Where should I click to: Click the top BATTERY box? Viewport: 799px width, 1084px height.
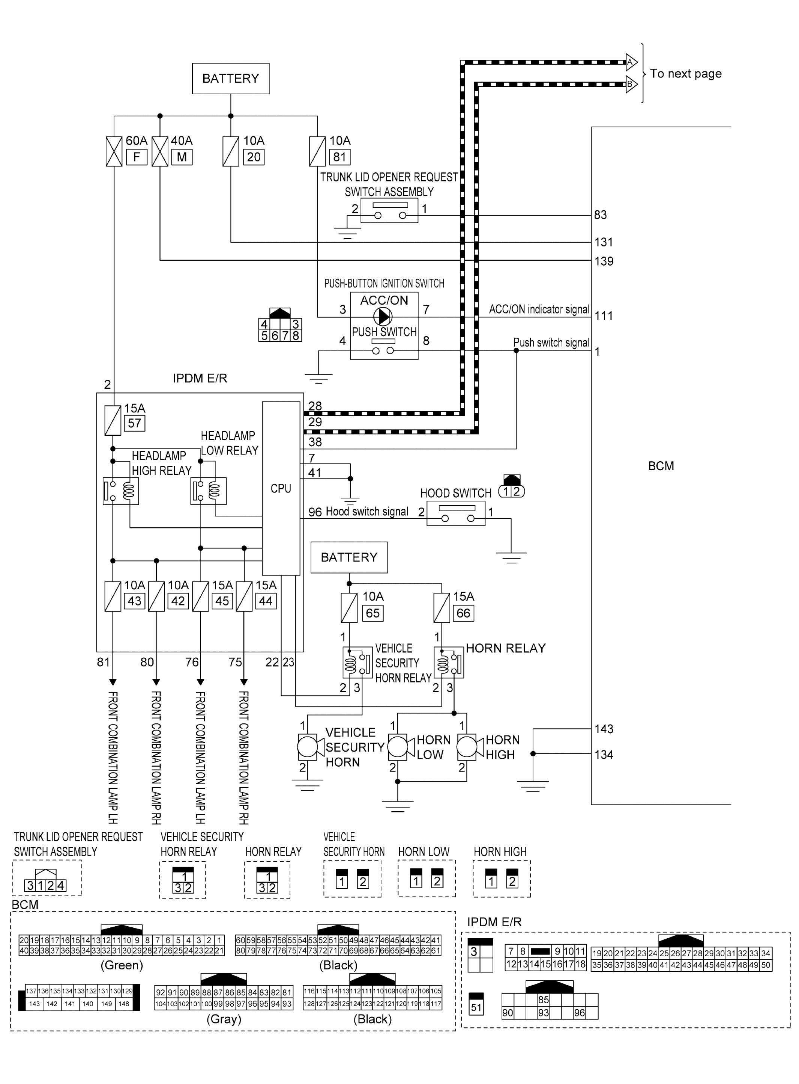point(230,79)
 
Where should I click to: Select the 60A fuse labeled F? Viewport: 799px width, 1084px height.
point(114,151)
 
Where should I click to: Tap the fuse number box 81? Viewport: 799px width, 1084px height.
point(339,157)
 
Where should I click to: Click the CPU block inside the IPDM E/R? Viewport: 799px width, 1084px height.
point(281,488)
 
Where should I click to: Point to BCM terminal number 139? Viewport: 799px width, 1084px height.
point(604,261)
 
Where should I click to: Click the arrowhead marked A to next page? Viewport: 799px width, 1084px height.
point(631,62)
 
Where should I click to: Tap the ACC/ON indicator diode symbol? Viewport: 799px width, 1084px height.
point(383,317)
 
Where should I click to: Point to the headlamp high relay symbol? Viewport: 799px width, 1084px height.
point(121,491)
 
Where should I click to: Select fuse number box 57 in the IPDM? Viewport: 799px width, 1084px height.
point(134,423)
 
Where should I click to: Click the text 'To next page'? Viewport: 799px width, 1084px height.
point(685,74)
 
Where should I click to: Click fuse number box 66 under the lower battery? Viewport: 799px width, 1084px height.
point(463,613)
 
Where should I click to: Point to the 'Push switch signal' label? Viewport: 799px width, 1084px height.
point(551,343)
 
